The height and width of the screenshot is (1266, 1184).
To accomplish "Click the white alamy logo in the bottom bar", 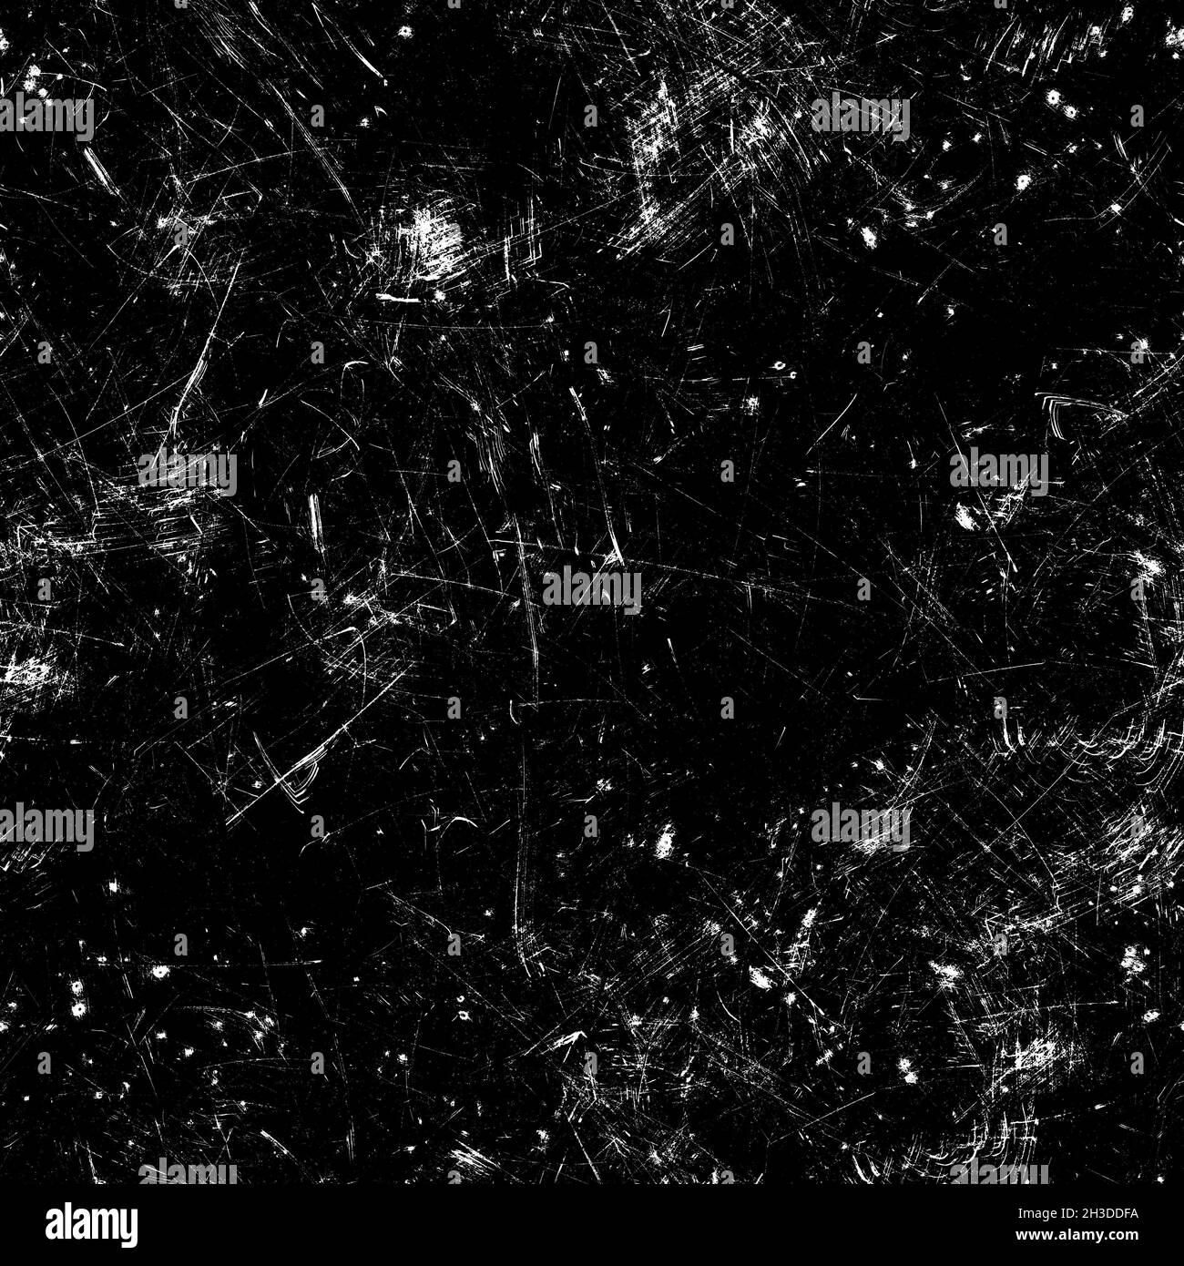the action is pos(78,1224).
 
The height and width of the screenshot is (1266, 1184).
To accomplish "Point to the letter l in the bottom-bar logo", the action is pos(51,1220).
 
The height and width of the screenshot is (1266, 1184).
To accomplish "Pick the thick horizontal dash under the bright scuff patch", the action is pos(398,298).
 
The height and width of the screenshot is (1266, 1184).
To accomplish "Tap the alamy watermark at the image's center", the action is pos(592,589).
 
